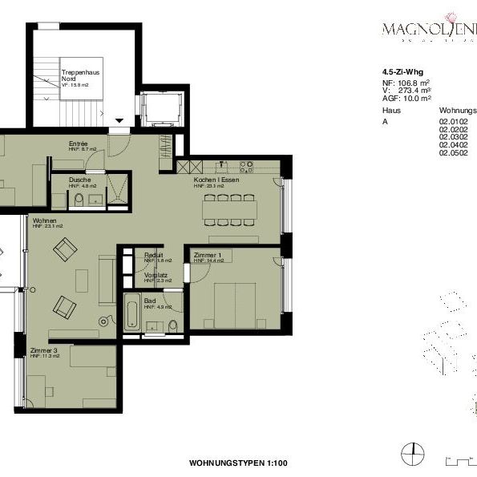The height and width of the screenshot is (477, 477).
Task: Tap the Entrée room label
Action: click(78, 144)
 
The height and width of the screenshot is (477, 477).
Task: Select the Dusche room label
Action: click(79, 180)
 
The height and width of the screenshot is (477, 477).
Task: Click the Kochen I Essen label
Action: click(216, 180)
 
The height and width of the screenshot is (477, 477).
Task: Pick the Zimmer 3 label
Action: click(43, 350)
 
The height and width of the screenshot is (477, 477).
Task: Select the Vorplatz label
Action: click(155, 274)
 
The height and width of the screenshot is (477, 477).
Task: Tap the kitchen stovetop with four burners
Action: click(245, 167)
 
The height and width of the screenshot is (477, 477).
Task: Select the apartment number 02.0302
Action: click(453, 136)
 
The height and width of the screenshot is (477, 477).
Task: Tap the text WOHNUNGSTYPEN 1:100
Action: click(238, 463)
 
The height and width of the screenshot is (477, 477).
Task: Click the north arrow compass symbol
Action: click(414, 454)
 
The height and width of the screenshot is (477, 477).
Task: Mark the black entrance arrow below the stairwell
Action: click(119, 121)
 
